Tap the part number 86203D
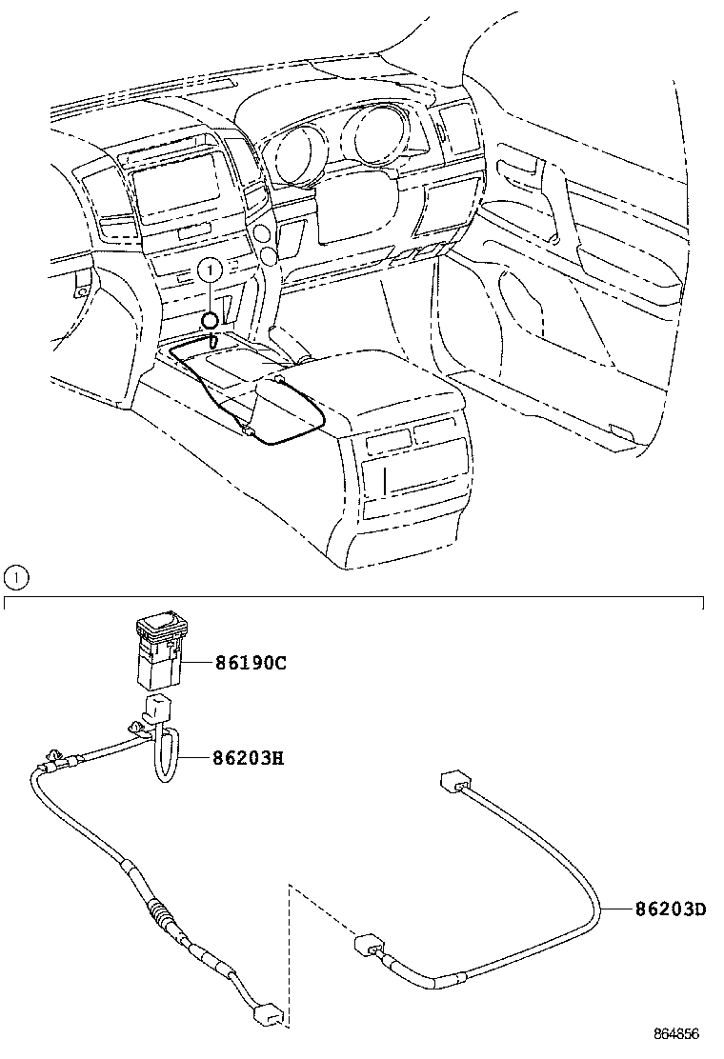[672, 909]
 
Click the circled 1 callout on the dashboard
[212, 271]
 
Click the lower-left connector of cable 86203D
[367, 947]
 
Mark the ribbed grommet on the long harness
[163, 920]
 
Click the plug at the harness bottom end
[266, 1017]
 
